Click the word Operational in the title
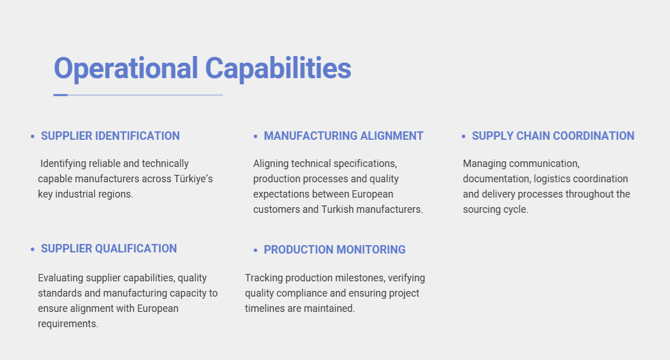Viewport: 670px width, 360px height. coord(126,69)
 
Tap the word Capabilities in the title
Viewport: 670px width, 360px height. coord(278,68)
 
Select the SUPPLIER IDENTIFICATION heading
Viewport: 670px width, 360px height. coord(110,136)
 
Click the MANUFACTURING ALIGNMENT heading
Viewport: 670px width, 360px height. coord(343,136)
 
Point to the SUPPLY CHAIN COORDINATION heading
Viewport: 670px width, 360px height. coord(553,136)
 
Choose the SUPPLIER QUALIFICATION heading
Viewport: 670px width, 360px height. coord(109,249)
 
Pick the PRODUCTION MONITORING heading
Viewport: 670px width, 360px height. coord(334,250)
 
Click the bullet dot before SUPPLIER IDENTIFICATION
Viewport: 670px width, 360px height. coord(32,136)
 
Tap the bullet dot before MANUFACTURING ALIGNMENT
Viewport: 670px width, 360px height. coord(256,136)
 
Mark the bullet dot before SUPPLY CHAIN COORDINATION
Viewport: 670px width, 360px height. coord(463,136)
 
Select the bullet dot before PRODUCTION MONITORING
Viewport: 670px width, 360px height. coord(256,250)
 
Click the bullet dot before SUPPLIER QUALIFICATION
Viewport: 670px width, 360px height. coord(32,249)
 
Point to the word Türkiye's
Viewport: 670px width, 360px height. coord(193,179)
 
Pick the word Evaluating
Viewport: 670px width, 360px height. coord(61,278)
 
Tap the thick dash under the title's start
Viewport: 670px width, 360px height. coord(61,95)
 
